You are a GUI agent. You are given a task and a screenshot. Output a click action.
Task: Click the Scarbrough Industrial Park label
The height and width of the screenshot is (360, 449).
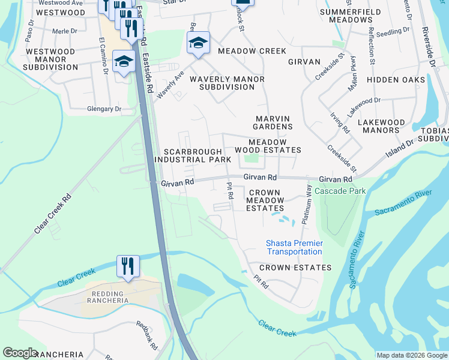point(193,156)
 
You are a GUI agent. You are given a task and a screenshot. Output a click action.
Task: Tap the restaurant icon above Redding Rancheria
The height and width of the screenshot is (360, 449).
point(128,266)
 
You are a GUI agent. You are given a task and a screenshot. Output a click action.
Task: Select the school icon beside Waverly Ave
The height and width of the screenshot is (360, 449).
point(198,43)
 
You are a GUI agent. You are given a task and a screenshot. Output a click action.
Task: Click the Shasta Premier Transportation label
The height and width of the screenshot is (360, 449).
point(294,247)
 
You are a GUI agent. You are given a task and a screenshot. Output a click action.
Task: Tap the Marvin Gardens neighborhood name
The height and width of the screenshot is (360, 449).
point(274,122)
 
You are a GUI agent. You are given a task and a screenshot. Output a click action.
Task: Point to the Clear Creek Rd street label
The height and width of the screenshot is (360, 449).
point(53,214)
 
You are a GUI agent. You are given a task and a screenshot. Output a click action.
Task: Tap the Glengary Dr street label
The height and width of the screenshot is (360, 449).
point(104,109)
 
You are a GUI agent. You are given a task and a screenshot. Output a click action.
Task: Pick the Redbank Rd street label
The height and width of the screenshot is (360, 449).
point(146,335)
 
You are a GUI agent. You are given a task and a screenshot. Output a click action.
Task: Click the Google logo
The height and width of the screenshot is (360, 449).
point(20,353)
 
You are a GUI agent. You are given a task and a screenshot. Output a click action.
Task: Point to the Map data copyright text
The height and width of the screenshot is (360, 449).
point(411,355)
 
